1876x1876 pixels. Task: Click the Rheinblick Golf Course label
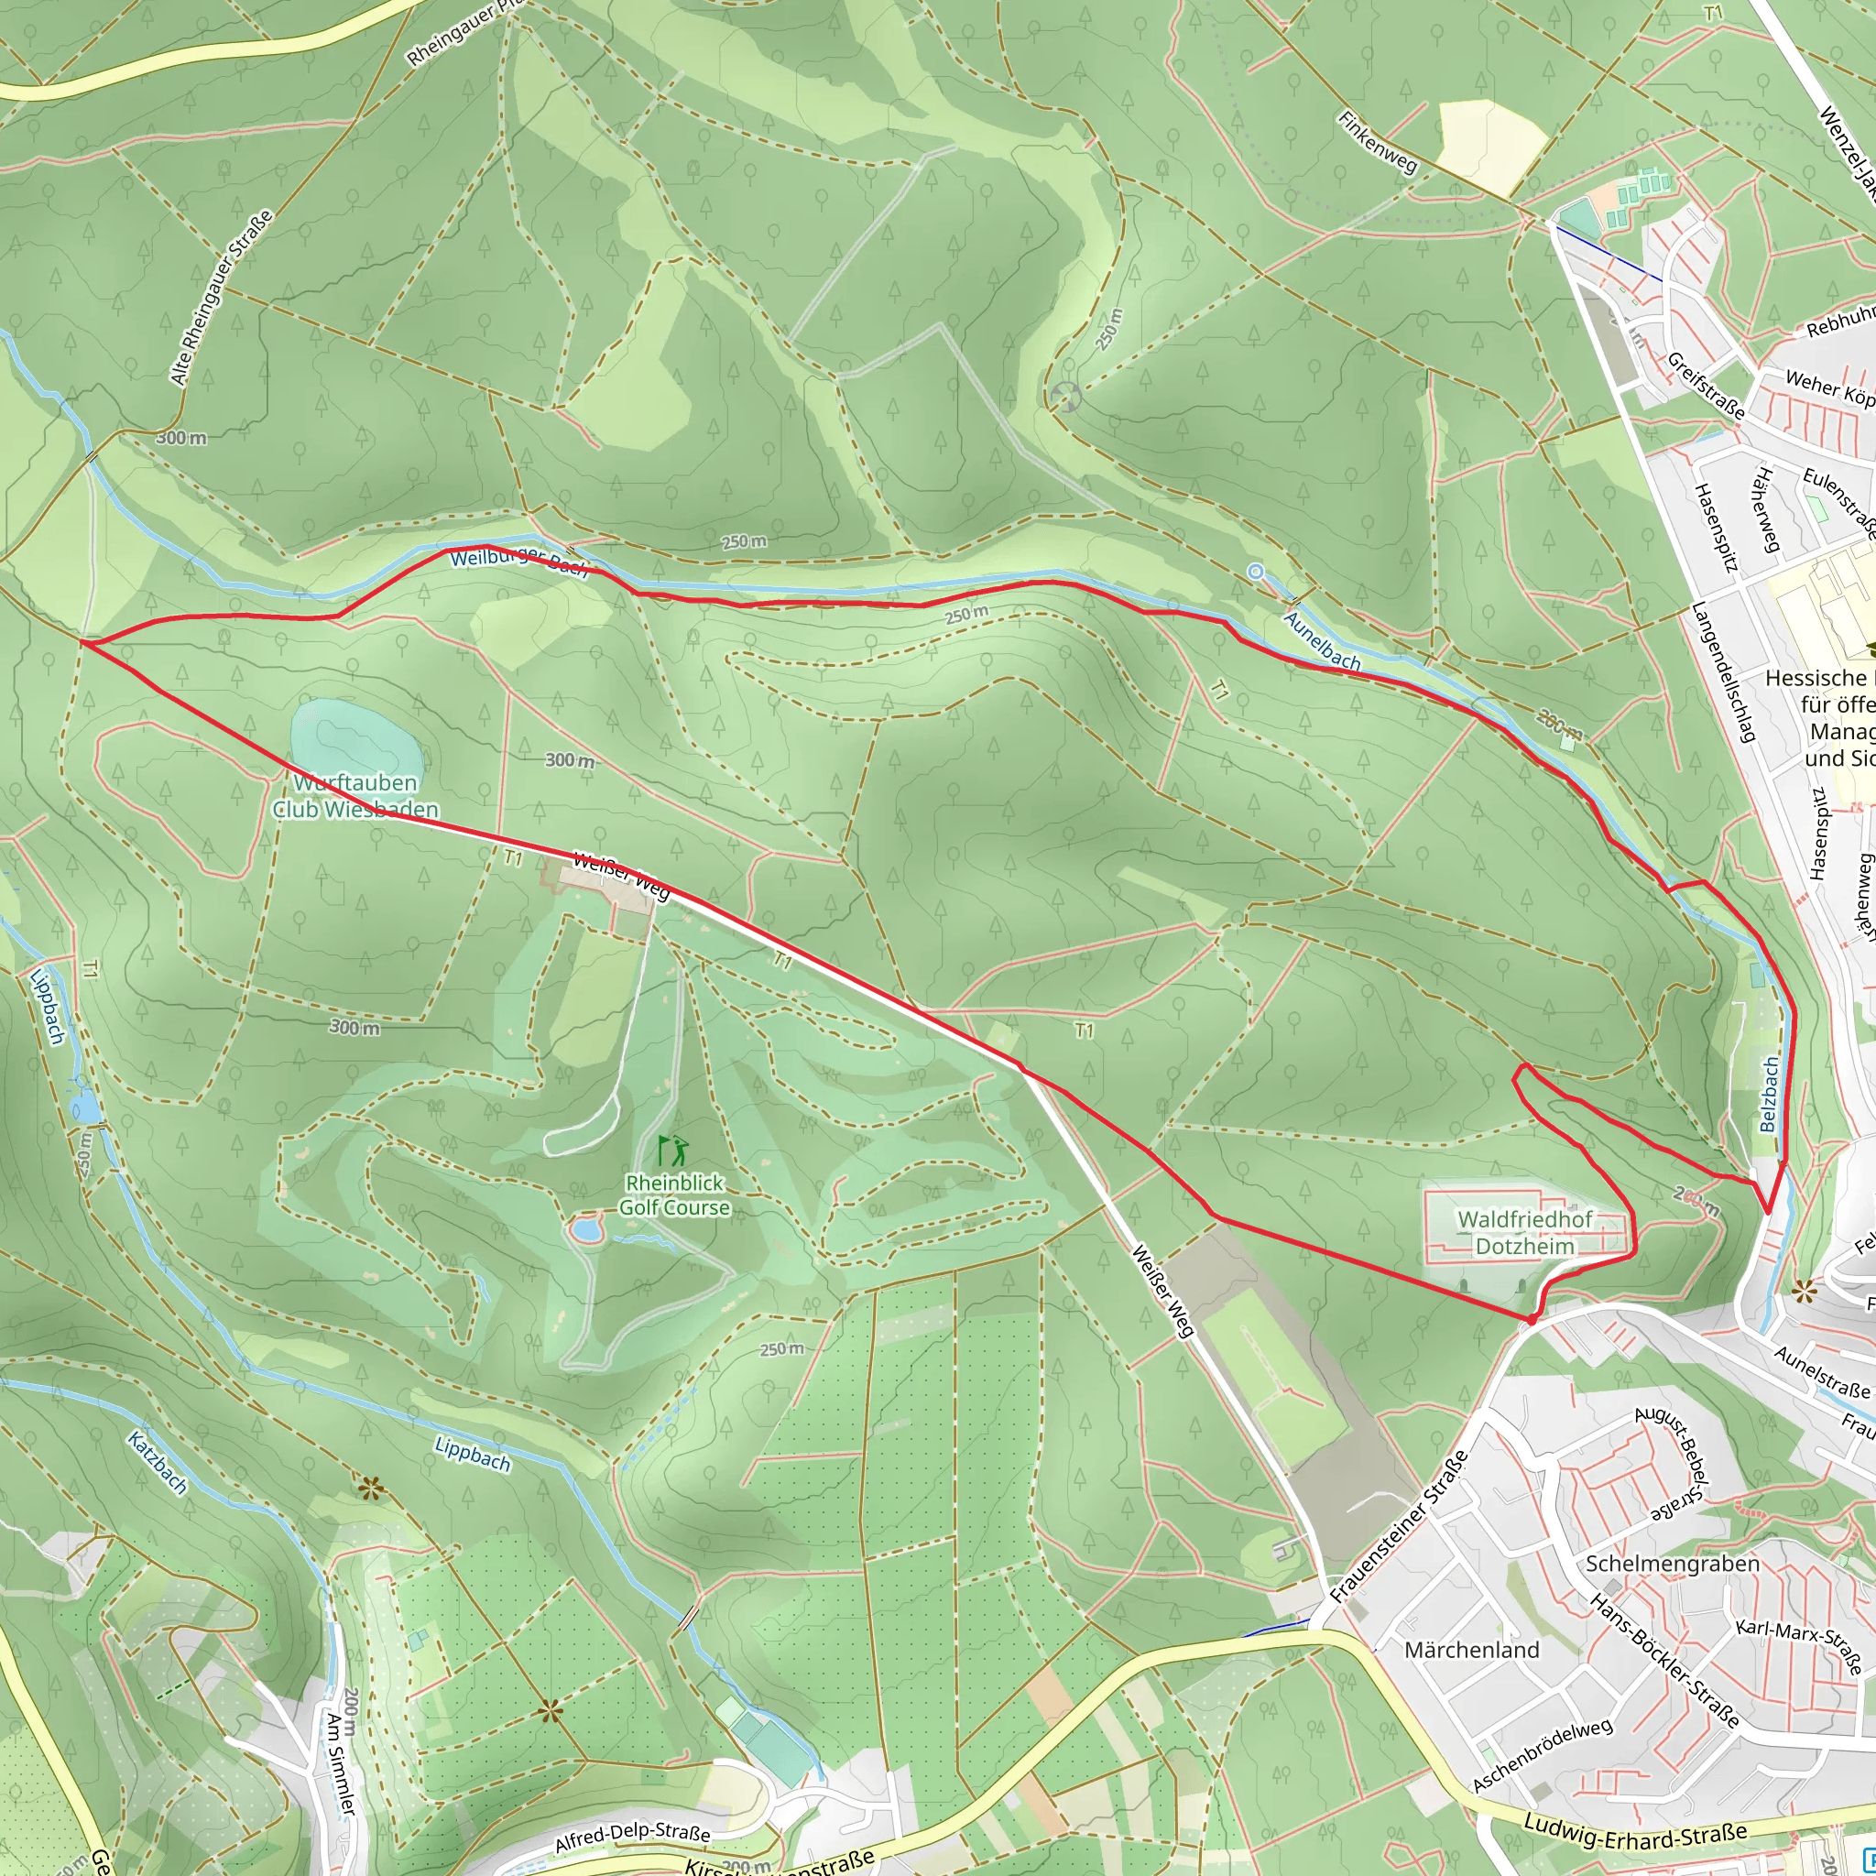(674, 1195)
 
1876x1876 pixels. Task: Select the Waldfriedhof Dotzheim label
(1524, 1233)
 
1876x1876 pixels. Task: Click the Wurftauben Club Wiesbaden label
(355, 796)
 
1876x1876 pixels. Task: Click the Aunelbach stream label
(1322, 641)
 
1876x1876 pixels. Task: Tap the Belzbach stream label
(1768, 1095)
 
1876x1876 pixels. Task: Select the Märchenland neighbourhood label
(1472, 1650)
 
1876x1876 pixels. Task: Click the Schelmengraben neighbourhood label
(1672, 1564)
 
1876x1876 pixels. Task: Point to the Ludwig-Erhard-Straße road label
(1635, 1834)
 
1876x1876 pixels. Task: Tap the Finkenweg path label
(1377, 142)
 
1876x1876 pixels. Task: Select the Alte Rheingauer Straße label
(222, 297)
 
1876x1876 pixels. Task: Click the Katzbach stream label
(157, 1462)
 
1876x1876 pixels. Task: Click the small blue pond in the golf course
(586, 1230)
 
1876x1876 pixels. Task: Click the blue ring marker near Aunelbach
(1256, 572)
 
